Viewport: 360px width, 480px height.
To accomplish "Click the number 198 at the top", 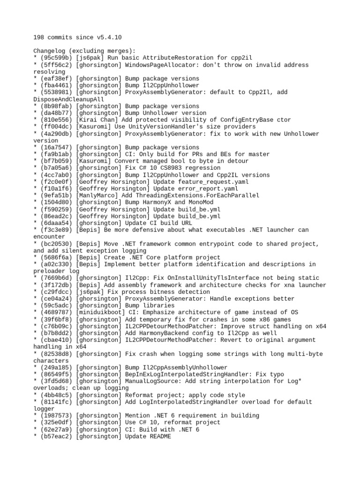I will point(38,37).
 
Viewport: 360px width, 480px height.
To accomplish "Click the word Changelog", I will point(49,51).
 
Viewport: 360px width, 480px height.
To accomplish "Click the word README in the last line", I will point(160,436).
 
